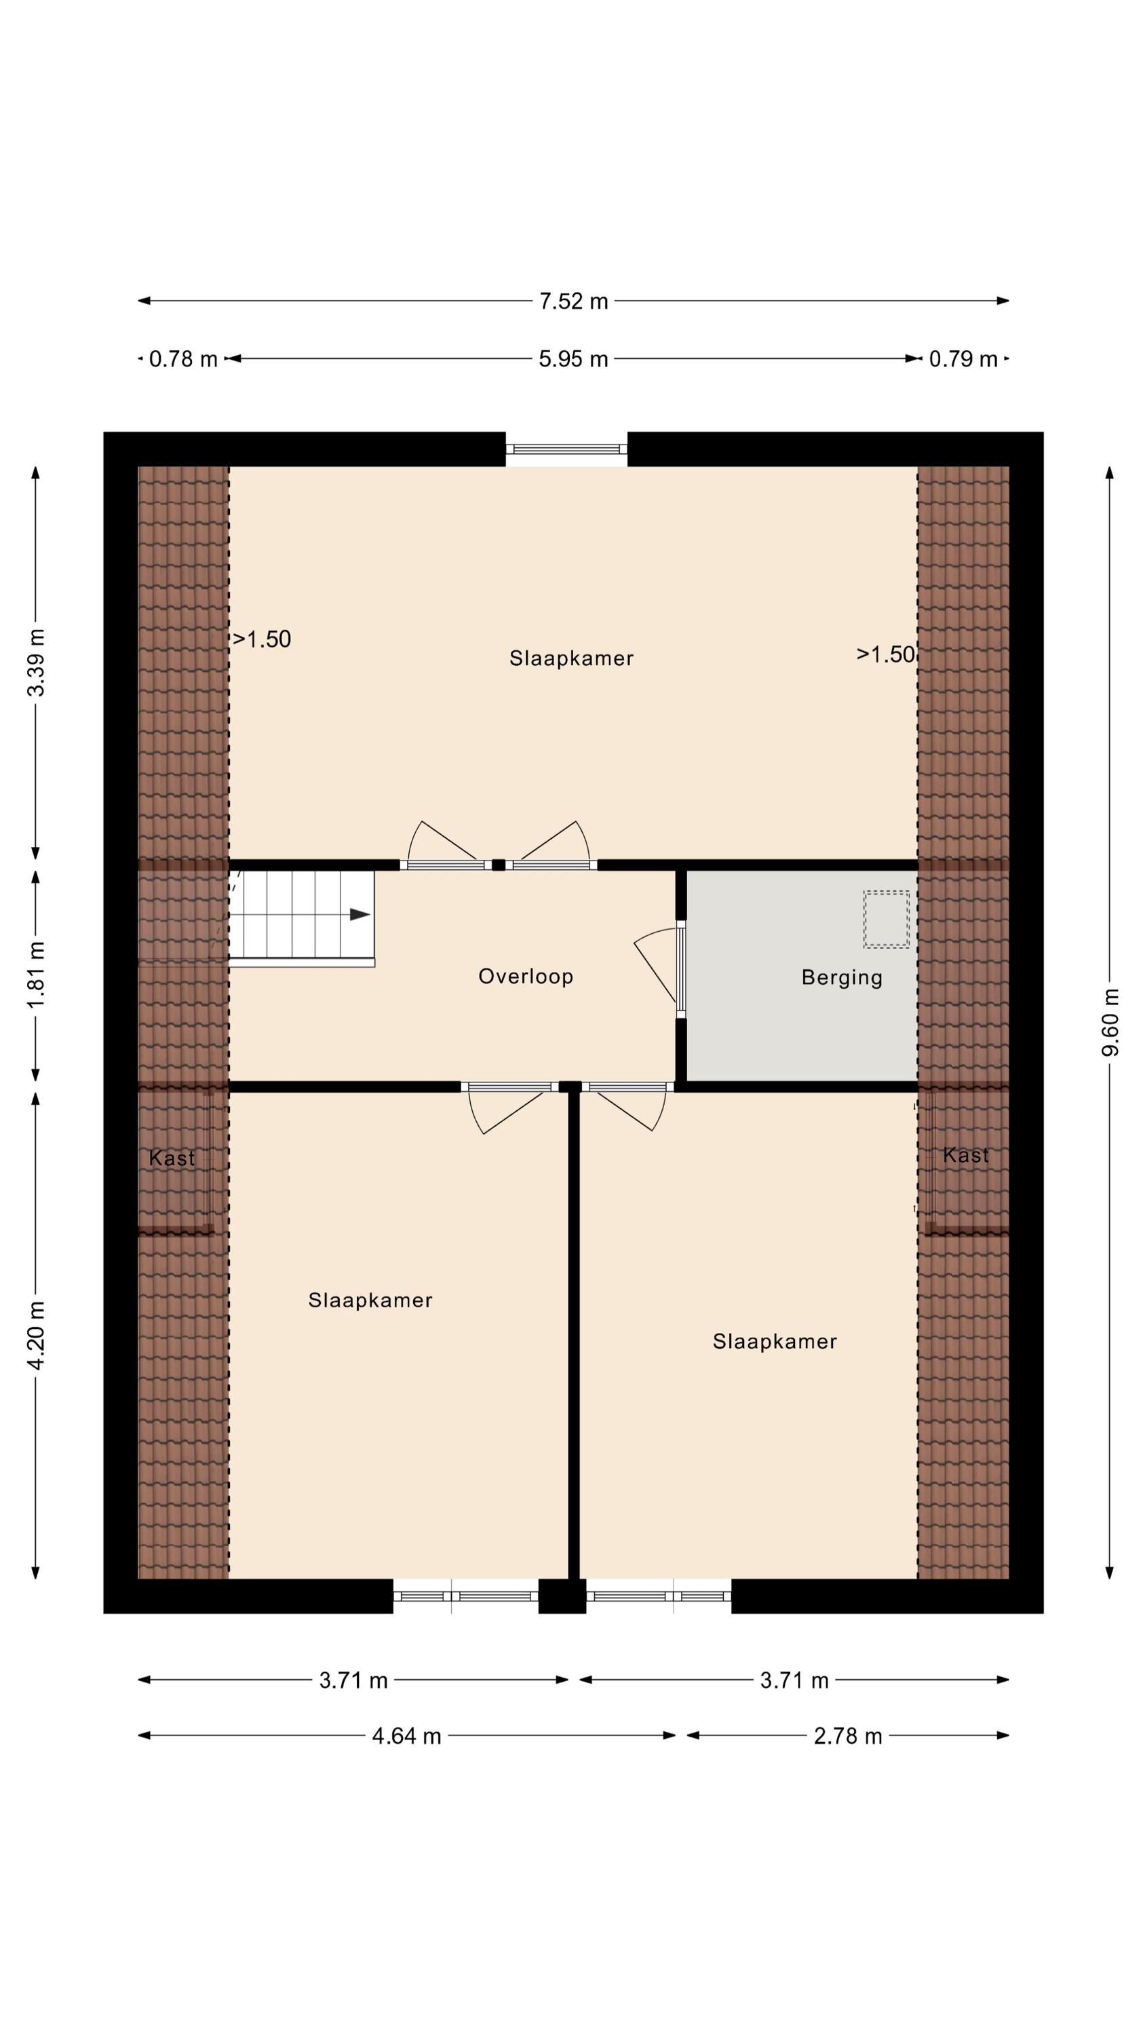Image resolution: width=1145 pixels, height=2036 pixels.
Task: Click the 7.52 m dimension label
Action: tap(574, 301)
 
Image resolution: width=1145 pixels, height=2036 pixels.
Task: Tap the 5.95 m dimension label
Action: tap(574, 359)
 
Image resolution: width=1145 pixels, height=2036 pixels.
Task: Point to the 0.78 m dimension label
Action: tap(183, 359)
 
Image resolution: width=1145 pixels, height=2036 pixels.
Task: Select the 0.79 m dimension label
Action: tap(963, 359)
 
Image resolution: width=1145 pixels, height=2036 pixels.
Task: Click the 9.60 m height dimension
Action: tap(1110, 1022)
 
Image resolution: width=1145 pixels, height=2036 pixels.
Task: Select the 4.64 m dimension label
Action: tap(407, 1737)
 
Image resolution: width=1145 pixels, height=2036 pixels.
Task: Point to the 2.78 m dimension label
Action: tap(848, 1737)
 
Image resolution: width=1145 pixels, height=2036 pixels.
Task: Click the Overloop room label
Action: tap(526, 976)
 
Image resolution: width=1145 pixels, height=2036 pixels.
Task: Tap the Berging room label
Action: tap(842, 978)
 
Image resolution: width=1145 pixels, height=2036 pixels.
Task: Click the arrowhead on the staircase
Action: tap(360, 914)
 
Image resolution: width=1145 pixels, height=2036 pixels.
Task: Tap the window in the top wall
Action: tap(566, 449)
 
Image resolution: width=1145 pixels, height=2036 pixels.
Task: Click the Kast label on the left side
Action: tap(172, 1158)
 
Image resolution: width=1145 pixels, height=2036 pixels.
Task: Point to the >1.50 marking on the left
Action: tap(262, 639)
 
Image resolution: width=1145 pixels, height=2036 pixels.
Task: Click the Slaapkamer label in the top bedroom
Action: tap(571, 658)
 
